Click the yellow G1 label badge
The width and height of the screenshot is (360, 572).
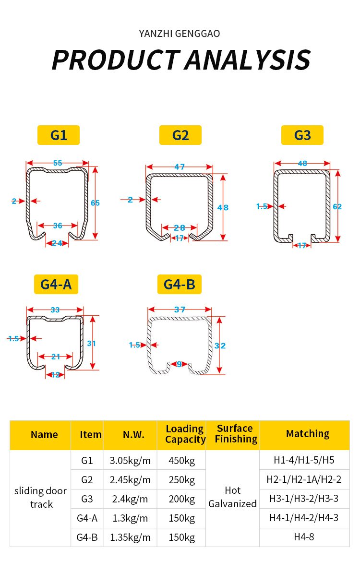[x=59, y=135]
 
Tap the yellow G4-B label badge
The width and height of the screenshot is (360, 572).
[x=180, y=285]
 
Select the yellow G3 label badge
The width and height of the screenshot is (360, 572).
[x=302, y=135]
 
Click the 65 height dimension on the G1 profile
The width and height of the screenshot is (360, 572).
[x=95, y=203]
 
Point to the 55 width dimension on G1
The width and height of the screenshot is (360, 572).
[x=58, y=163]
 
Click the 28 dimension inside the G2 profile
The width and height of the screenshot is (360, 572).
[x=180, y=227]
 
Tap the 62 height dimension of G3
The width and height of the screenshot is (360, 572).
[x=337, y=206]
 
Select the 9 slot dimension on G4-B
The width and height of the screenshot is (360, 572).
[x=179, y=364]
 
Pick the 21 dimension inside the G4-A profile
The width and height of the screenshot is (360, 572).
[x=56, y=357]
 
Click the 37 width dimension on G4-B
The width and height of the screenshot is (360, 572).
[x=180, y=310]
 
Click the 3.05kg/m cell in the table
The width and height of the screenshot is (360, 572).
[x=130, y=461]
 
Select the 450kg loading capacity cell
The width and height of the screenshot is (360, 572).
[x=181, y=461]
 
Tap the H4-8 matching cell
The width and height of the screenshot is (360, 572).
[x=304, y=537]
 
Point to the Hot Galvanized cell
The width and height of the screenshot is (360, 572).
[x=233, y=497]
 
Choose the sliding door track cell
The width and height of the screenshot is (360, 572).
[x=41, y=497]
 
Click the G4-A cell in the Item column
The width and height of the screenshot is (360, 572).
[x=87, y=518]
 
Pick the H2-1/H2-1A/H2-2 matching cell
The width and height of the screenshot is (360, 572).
[x=304, y=479]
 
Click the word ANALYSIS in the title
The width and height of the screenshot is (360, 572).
[x=248, y=60]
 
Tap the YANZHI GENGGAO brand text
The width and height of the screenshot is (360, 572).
[x=180, y=34]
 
